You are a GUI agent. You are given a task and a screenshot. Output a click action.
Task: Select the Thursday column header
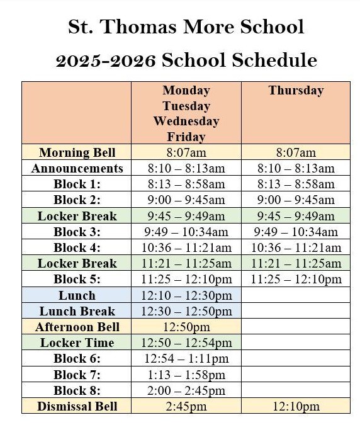[295, 90]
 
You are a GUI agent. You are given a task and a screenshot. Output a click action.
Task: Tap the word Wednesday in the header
[186, 121]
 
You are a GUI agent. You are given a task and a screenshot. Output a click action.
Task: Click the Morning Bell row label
[77, 152]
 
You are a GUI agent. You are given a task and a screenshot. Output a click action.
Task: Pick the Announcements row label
[77, 168]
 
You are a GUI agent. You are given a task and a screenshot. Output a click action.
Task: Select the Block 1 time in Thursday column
[296, 184]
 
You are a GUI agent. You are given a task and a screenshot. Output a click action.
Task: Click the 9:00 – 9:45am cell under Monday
[186, 200]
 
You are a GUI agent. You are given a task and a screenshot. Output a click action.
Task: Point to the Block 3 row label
[77, 232]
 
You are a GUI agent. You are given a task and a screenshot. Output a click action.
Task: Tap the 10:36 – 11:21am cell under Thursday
[296, 247]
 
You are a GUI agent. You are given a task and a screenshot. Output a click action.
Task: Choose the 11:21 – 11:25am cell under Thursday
[296, 263]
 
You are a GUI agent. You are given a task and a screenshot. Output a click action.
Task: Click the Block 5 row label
[77, 279]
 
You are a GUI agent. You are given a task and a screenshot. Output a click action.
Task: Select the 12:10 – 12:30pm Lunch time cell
[186, 295]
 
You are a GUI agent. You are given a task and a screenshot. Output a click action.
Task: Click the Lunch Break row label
[77, 311]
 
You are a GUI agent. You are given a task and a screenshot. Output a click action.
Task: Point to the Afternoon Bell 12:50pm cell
[186, 327]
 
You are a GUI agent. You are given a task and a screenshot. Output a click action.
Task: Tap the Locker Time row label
[77, 343]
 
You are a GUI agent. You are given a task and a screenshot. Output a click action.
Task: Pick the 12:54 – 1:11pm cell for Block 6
[186, 359]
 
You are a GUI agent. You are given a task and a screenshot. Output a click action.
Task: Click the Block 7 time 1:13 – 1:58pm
[186, 375]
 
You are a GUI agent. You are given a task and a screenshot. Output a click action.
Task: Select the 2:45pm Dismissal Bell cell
[186, 406]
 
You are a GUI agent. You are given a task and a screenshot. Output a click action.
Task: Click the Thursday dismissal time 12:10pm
[296, 406]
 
